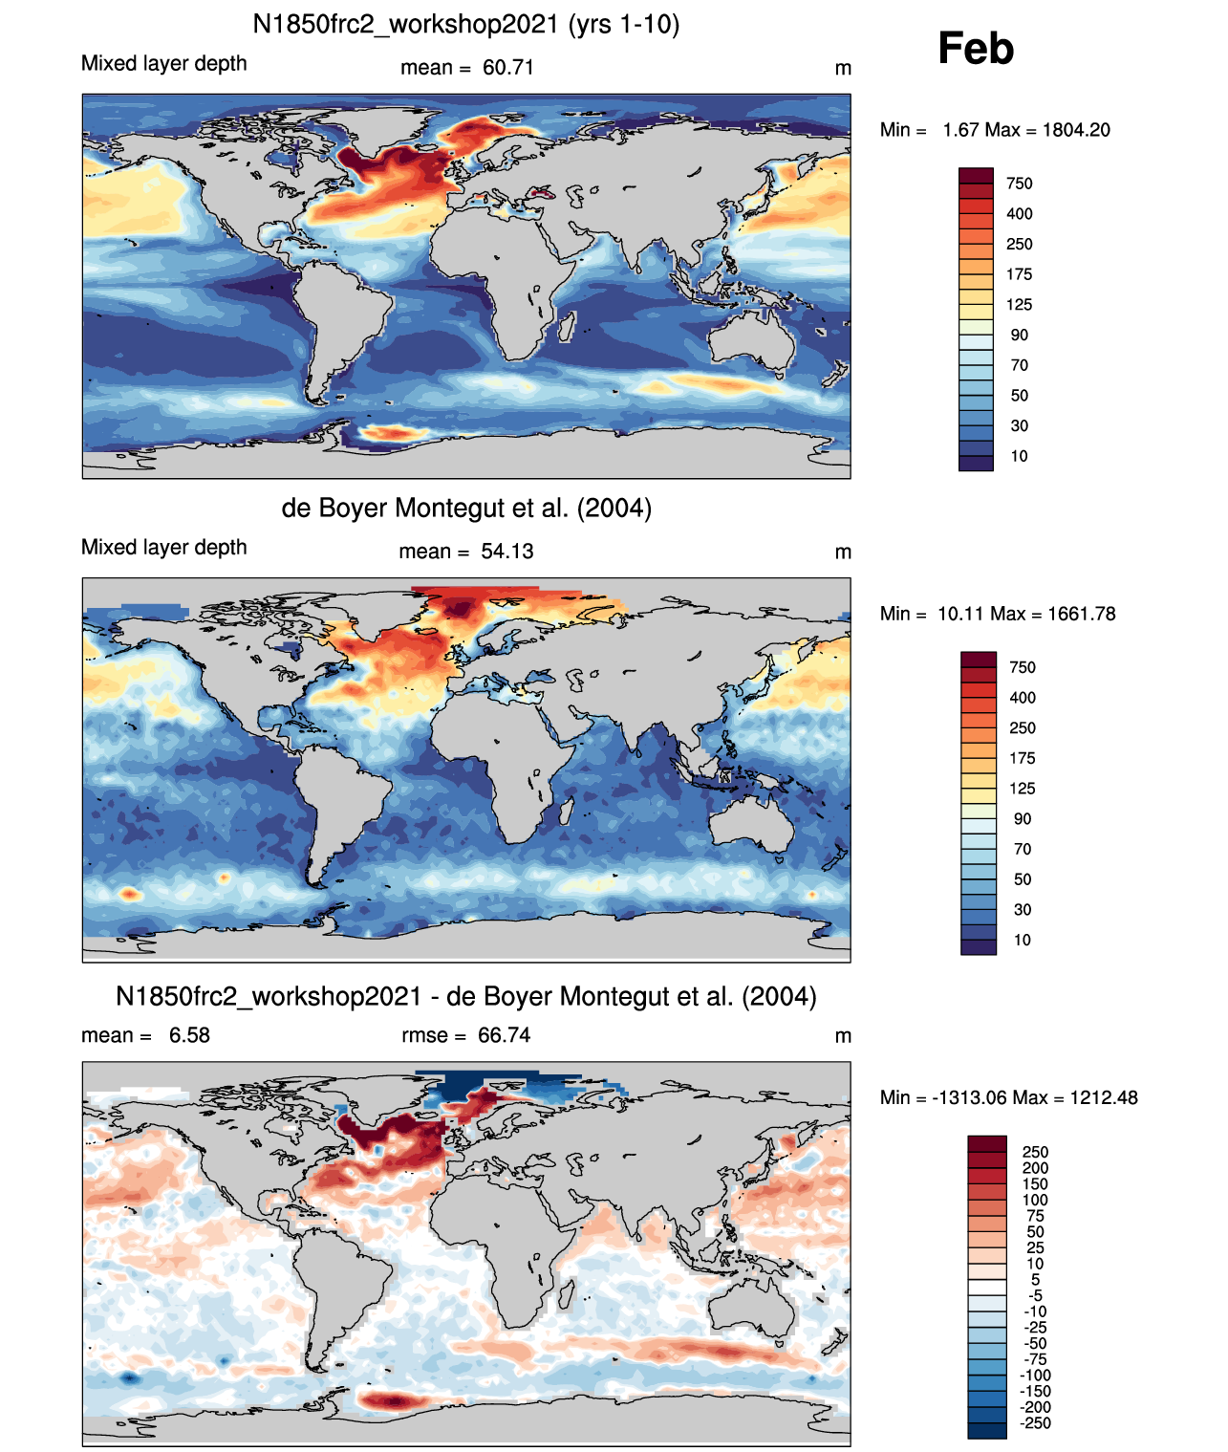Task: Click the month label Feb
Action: coord(975,49)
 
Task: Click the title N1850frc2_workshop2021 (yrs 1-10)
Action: coord(465,24)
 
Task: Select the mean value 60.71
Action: coord(507,68)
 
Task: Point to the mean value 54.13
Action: coord(506,552)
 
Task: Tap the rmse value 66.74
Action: coord(504,1035)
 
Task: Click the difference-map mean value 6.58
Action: coord(189,1035)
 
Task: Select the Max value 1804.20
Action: coord(1076,130)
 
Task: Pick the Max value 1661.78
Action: coord(1081,614)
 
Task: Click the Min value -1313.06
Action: coord(964,1097)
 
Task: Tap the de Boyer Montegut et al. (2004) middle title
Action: coord(466,508)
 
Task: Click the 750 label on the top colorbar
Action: coord(1019,184)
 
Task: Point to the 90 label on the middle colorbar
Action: coord(1023,819)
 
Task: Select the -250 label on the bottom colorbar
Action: coord(1035,1423)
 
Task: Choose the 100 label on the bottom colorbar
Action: coord(1035,1200)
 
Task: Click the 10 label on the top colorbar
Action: coord(1019,456)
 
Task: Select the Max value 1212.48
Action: coord(1104,1097)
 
